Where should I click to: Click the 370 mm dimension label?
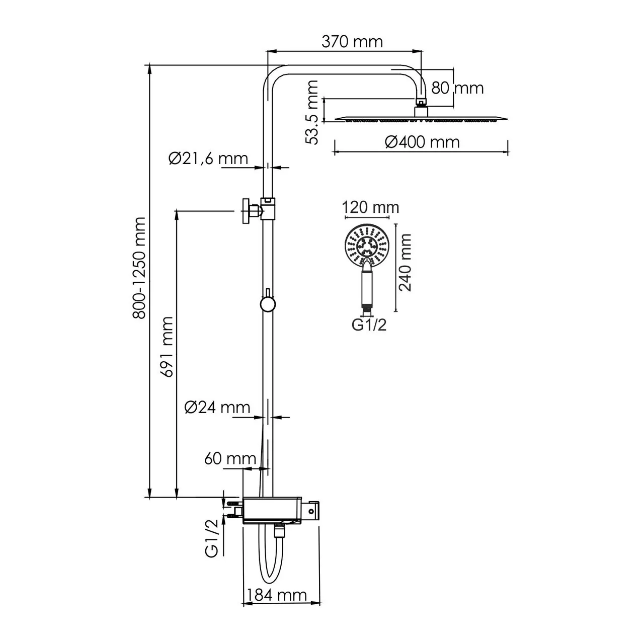point(352,41)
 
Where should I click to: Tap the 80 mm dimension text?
point(457,88)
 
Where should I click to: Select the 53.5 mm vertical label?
point(313,112)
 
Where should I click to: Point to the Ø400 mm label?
point(422,142)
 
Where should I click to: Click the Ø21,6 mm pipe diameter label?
point(208,158)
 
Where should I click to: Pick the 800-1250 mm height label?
point(139,268)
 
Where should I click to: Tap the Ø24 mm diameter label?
point(217,407)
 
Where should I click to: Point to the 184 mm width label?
point(276,595)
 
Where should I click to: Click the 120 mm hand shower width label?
point(370,207)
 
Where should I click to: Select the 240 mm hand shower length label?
point(406,262)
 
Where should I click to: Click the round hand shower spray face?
point(367,247)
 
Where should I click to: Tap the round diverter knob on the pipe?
point(267,304)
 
